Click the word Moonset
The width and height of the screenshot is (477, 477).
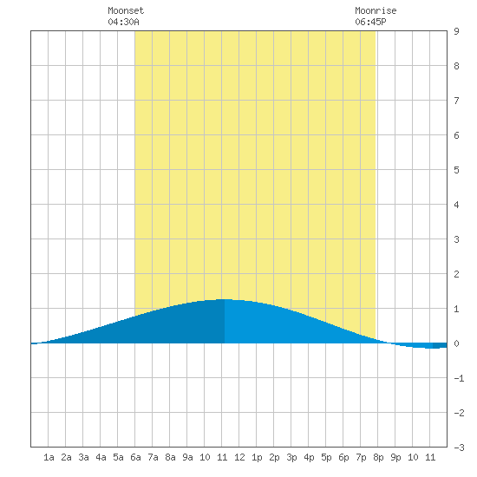[126, 10]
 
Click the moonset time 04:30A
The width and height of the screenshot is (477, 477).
[123, 22]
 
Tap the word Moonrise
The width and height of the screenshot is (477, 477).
[376, 10]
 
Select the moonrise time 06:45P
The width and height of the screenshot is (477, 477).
[370, 22]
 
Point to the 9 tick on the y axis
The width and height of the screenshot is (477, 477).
[456, 31]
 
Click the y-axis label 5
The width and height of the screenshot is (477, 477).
[456, 170]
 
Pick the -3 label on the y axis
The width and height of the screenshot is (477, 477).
[459, 448]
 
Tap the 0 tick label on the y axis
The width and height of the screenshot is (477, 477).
[456, 343]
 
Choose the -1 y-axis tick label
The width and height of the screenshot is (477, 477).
[459, 378]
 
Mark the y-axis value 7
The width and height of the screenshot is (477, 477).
[456, 101]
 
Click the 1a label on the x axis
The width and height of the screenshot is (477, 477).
[49, 457]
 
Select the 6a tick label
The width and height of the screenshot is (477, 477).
[135, 457]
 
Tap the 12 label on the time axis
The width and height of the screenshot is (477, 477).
[239, 457]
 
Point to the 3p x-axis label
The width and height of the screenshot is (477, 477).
[291, 457]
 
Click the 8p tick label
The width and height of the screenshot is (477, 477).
[378, 457]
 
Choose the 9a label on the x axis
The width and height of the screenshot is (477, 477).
[187, 457]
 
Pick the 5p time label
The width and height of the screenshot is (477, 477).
[326, 457]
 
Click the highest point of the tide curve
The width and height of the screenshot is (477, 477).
[225, 299]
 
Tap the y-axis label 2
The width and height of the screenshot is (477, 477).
[456, 274]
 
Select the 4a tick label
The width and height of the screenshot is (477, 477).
[101, 457]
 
